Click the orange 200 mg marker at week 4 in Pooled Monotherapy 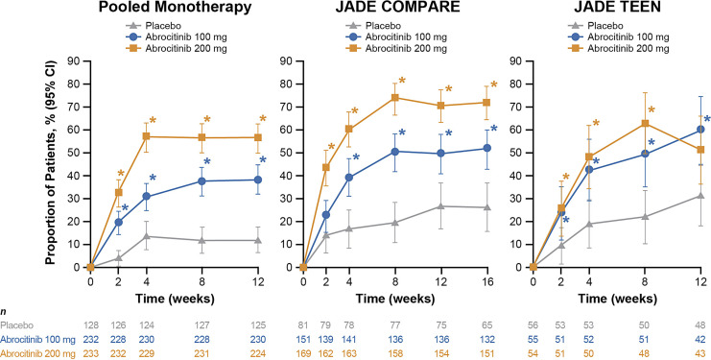pos(147,136)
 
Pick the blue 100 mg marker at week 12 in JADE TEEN pos(700,130)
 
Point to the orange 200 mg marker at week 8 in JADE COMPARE pos(394,98)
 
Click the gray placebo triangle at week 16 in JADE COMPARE pos(487,207)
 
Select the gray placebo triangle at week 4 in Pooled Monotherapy pos(147,236)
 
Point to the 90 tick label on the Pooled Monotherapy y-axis pos(74,60)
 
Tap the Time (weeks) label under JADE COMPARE pos(395,300)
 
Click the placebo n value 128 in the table pos(90,324)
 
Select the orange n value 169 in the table pos(303,352)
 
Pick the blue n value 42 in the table pos(700,339)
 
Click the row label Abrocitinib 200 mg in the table pos(35,352)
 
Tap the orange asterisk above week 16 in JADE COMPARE pos(494,84)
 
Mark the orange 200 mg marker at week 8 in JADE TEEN pos(645,123)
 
